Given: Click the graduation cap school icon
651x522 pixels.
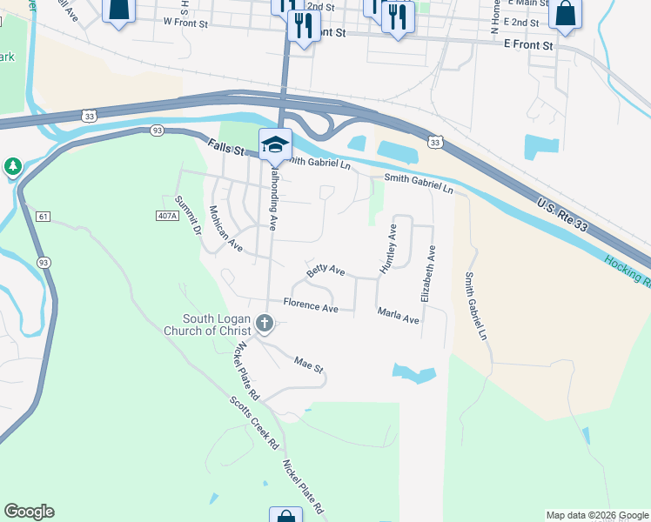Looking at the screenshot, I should (275, 144).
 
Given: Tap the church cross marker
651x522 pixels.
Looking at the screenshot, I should (265, 325).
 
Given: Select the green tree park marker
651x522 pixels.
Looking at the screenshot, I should (12, 166).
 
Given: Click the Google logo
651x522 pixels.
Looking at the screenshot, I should (29, 512).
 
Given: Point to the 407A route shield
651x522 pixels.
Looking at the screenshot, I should (168, 214).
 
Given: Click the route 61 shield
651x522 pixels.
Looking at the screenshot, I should (44, 216).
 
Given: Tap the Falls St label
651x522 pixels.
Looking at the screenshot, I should (225, 147).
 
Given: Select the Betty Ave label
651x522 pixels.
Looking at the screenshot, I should (325, 272).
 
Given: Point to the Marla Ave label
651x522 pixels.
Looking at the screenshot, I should (398, 315).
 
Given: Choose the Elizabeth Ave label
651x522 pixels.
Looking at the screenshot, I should (427, 273).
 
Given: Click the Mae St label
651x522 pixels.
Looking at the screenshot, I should (308, 365).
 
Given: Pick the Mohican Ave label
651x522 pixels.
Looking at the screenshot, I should (225, 228).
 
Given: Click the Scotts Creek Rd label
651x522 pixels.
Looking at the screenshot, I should (254, 423).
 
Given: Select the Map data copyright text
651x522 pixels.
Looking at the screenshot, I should (596, 515).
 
